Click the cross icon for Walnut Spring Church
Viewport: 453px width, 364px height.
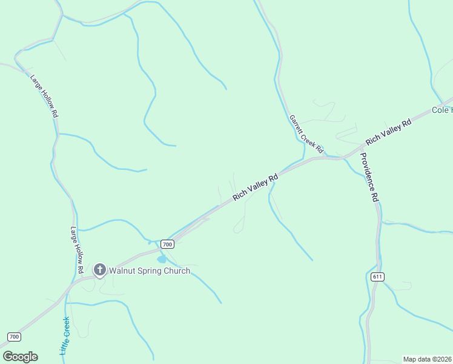100,270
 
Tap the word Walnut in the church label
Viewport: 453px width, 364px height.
124,271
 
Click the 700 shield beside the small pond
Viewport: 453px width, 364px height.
168,244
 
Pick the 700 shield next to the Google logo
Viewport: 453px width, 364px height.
15,337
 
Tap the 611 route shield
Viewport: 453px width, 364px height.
377,277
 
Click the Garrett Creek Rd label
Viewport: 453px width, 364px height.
306,134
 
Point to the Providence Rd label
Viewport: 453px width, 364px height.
369,177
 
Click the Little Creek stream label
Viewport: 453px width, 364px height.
65,335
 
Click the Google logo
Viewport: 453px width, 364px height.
20,357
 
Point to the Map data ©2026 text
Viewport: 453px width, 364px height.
428,359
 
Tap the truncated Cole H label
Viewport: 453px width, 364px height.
441,110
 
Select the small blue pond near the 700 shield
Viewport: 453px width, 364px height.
162,260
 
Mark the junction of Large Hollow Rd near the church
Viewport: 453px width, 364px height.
81,280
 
